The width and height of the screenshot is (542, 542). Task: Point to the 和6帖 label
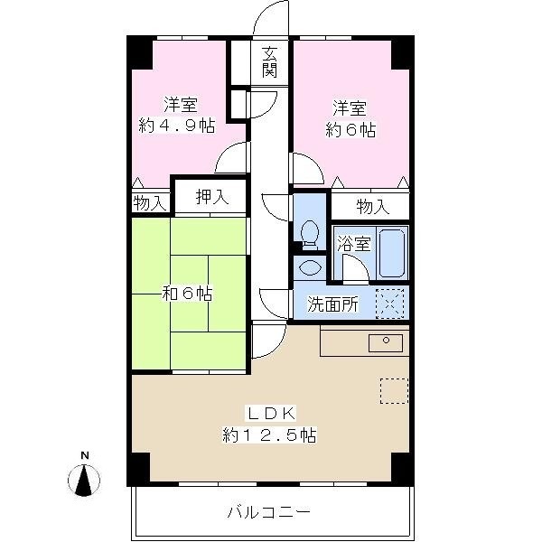(187, 294)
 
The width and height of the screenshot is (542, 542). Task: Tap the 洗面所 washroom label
(332, 304)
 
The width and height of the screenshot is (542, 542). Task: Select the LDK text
(269, 413)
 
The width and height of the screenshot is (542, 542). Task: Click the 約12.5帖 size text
(269, 435)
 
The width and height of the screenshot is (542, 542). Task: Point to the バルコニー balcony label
(268, 512)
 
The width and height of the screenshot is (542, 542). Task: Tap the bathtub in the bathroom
(391, 254)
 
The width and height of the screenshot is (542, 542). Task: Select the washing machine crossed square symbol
(391, 302)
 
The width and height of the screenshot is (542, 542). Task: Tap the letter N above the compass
(84, 455)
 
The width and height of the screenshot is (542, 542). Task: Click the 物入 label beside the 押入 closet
(150, 202)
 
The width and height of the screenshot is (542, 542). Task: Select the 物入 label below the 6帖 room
(371, 207)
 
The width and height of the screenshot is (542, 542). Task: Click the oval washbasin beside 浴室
(309, 268)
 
